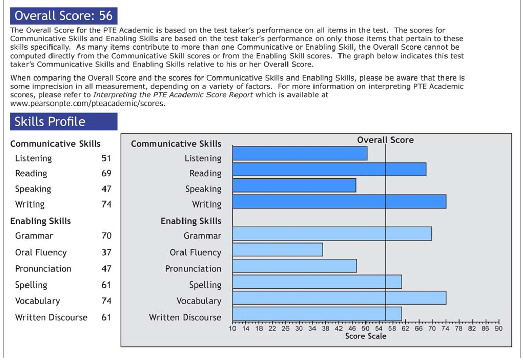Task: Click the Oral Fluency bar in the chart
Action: point(278,250)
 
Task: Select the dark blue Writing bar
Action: point(339,201)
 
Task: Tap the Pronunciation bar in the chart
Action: point(295,266)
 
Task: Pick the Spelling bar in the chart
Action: point(317,282)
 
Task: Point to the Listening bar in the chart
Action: point(300,153)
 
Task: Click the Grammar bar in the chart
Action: point(332,234)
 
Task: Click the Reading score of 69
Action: point(106,173)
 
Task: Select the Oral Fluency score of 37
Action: point(106,252)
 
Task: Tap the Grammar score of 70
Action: point(106,236)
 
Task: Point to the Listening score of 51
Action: point(106,158)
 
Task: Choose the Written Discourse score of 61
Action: point(106,317)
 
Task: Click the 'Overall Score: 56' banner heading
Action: point(64,16)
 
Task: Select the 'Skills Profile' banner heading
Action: point(50,122)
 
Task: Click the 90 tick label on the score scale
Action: point(498,329)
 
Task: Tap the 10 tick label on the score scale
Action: point(233,329)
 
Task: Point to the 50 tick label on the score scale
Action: point(365,329)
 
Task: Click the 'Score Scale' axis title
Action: point(365,336)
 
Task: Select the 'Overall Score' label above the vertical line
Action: point(385,140)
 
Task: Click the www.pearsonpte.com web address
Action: point(88,103)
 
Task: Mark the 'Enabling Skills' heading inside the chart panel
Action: point(191,221)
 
